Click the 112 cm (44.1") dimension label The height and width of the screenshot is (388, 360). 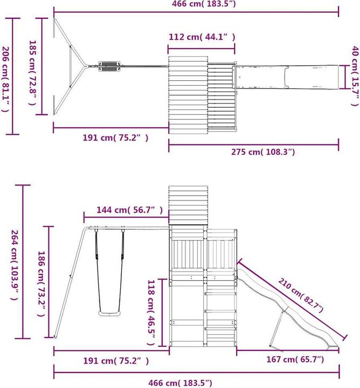pos(201,37)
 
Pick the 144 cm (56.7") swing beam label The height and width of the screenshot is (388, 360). pos(123,210)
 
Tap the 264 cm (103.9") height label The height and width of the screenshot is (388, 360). pos(14,262)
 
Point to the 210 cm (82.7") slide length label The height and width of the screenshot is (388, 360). pos(300,296)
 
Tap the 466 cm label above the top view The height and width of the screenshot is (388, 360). pos(195,4)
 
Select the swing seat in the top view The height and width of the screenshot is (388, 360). pos(109,66)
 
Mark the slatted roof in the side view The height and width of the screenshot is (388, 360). pos(188,205)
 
